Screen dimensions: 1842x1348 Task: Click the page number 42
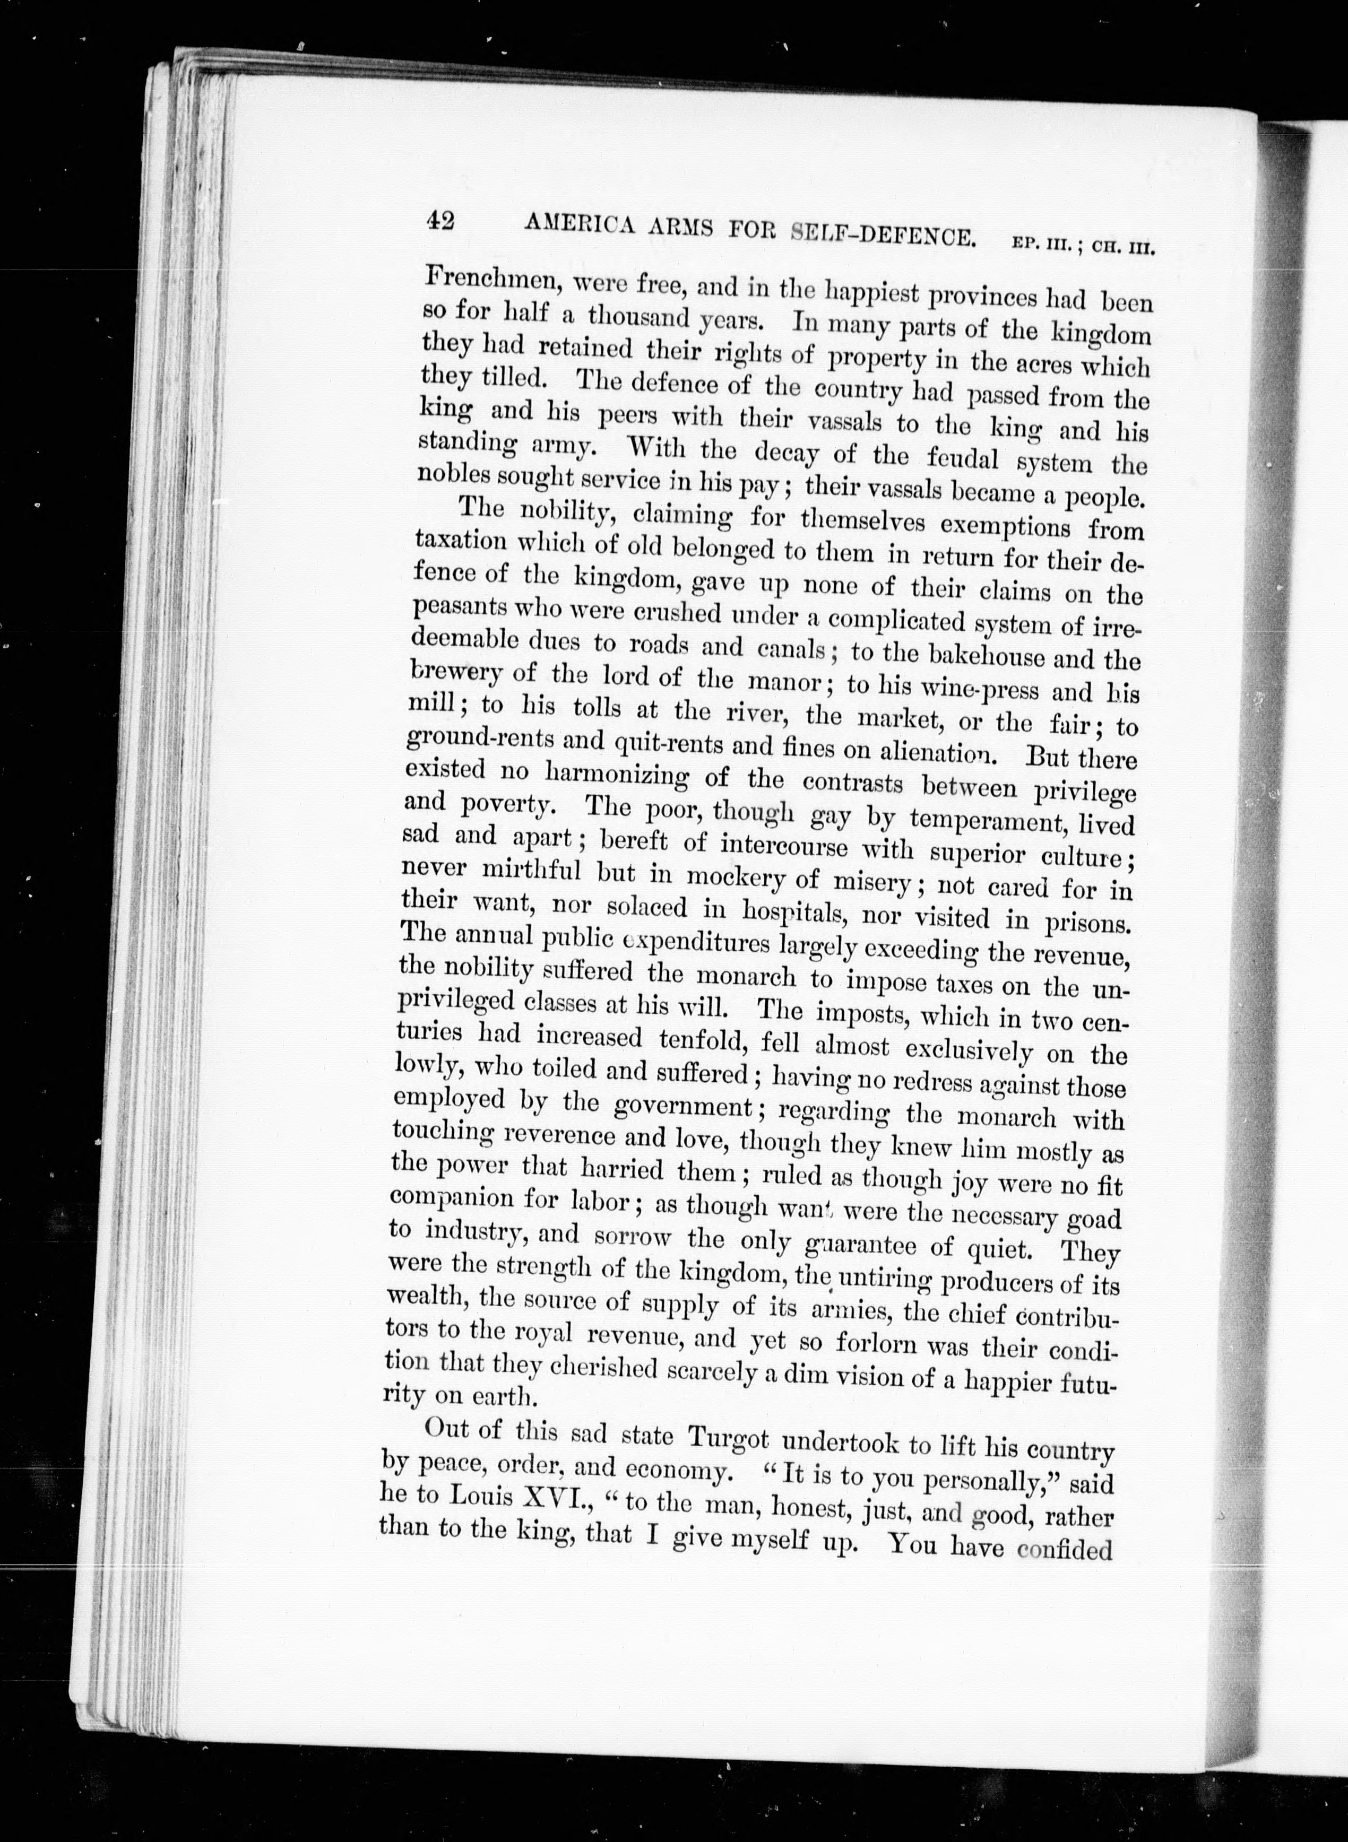click(440, 221)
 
